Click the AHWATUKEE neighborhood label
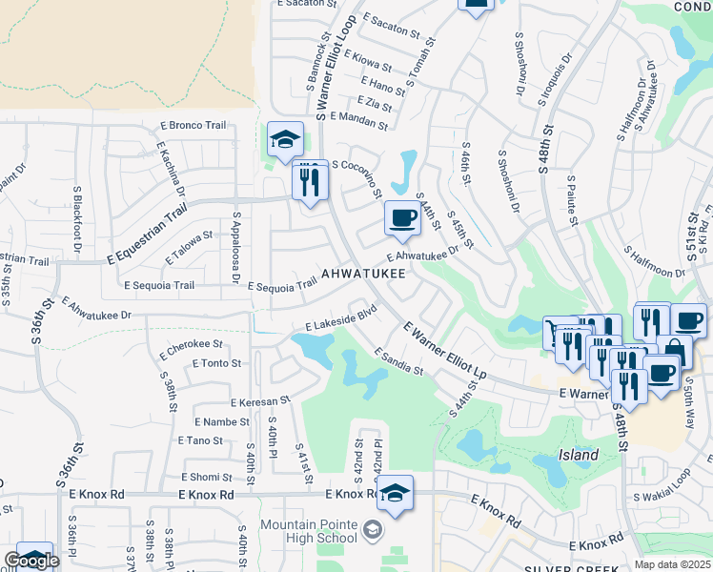pos(363,274)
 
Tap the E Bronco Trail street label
pos(194,126)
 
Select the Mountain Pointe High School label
pos(309,531)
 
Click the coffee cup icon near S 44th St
pos(402,218)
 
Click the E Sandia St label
pos(398,361)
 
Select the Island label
pos(579,455)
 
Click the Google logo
pos(31,561)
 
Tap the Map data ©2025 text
pos(673,564)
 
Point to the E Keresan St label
pos(257,402)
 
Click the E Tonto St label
pos(216,363)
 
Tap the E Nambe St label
pos(221,421)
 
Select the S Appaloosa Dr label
pos(234,249)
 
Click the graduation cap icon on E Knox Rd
pos(395,493)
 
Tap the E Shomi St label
pos(206,477)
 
